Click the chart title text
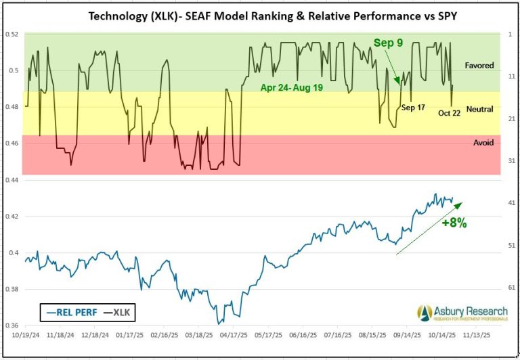point(259,15)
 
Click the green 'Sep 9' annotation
point(388,43)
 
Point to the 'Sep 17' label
point(412,107)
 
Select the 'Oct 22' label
point(449,113)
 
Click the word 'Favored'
point(479,66)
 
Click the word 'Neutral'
point(479,108)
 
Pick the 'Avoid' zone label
point(483,143)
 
